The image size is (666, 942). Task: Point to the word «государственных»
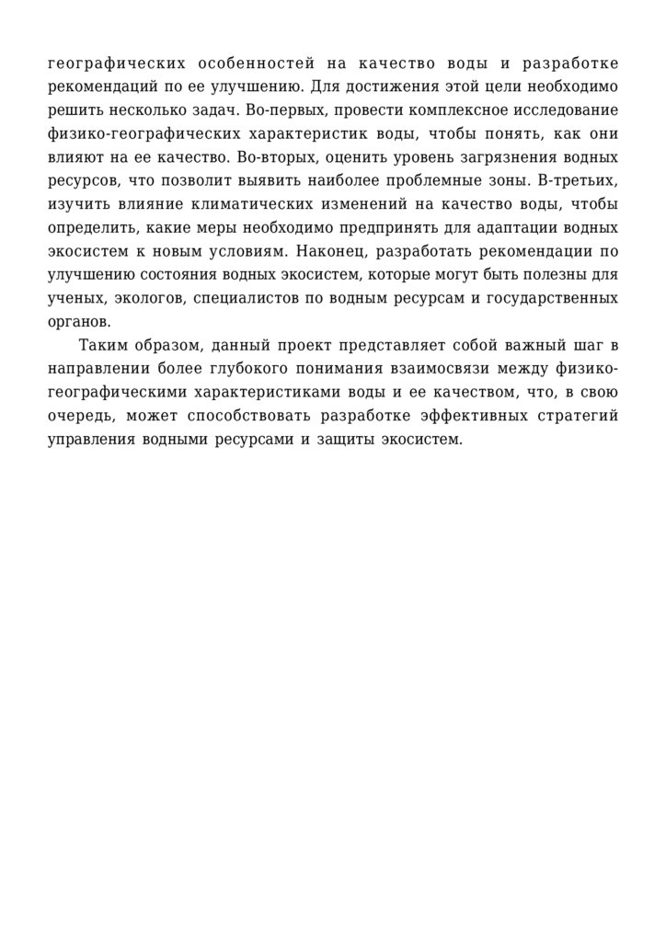[549, 298]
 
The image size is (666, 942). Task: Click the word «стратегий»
[584, 416]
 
